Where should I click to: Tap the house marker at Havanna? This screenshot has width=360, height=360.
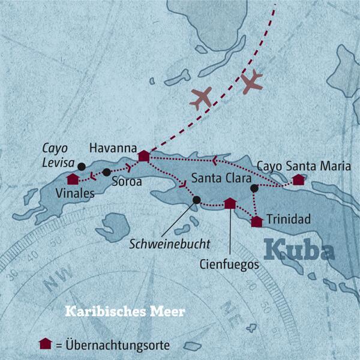[x=143, y=156]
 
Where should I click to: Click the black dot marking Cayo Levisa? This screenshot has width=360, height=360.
[x=82, y=167]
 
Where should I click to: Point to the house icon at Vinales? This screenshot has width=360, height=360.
[x=73, y=179]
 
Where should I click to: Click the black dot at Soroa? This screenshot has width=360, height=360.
[x=106, y=172]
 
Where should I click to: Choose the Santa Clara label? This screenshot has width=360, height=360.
[x=217, y=178]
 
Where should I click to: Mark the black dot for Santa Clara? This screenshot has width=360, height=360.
[x=254, y=188]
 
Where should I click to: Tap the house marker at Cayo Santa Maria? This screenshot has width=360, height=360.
[x=298, y=179]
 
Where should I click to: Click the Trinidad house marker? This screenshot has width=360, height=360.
[x=257, y=221]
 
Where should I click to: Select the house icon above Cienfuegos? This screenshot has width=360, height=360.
[x=229, y=203]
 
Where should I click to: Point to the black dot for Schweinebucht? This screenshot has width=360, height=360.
[x=196, y=200]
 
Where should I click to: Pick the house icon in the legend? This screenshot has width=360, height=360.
[x=43, y=344]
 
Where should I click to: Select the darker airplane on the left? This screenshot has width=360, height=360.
[x=200, y=97]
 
